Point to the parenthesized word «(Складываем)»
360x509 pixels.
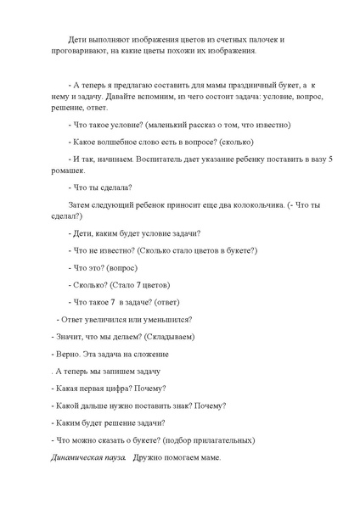click(167, 337)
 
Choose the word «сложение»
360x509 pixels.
click(147, 354)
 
